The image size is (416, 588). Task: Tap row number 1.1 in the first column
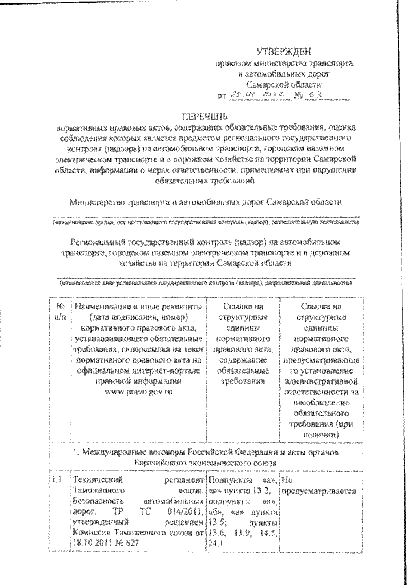click(x=58, y=479)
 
